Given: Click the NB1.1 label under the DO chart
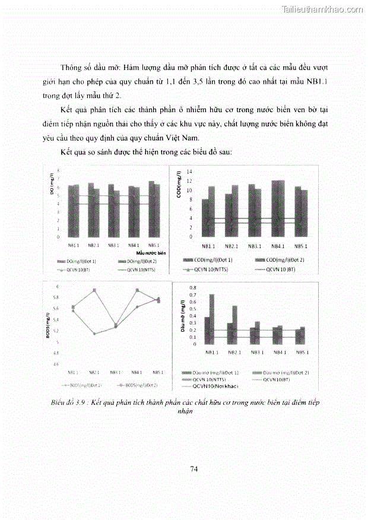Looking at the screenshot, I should tap(73, 245).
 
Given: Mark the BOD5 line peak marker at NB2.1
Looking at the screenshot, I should tap(94, 290).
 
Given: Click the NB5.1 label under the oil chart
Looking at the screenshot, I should tap(301, 353).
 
